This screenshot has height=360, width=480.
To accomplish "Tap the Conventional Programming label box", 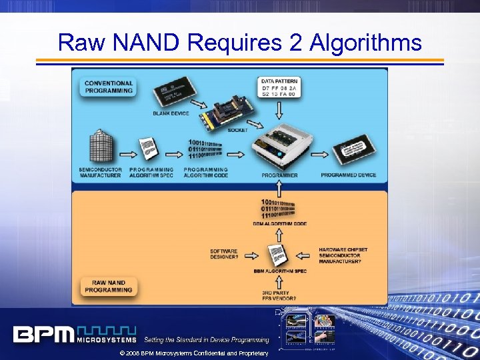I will click(109, 87).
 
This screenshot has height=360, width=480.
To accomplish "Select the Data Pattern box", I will click(279, 87).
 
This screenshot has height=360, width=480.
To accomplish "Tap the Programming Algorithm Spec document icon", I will click(149, 148).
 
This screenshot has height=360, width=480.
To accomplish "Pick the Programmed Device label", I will click(348, 175).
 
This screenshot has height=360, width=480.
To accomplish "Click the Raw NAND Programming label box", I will click(109, 286).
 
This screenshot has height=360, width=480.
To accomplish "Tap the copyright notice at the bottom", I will click(193, 353).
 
